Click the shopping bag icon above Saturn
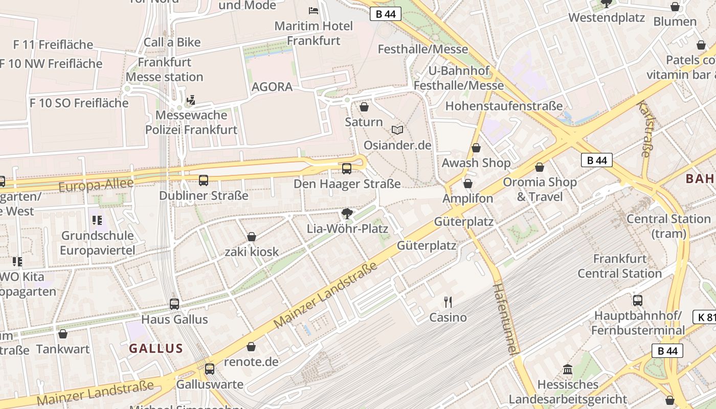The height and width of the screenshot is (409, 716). [364, 107]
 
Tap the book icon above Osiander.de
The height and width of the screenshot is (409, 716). [397, 130]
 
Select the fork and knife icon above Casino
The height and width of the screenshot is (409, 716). [448, 302]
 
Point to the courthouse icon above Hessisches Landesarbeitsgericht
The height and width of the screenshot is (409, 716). [568, 369]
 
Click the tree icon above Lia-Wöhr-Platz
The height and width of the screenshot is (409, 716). [347, 213]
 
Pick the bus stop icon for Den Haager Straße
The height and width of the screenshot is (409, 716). [347, 168]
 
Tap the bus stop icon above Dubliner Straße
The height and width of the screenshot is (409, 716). [204, 180]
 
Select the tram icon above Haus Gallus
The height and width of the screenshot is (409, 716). [174, 304]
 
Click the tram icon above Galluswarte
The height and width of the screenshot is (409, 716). [210, 369]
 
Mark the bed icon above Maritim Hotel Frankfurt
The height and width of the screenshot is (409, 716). [314, 10]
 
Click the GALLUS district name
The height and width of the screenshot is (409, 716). [156, 349]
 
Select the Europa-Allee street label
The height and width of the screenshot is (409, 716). [96, 185]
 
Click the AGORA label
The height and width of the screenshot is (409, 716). [272, 87]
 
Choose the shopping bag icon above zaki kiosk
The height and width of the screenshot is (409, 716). [252, 237]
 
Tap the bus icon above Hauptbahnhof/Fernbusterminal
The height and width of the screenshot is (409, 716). [637, 300]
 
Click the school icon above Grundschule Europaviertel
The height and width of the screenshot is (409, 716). [97, 220]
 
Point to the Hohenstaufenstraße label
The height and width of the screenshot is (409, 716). [504, 106]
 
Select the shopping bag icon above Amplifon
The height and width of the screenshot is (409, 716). [468, 184]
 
